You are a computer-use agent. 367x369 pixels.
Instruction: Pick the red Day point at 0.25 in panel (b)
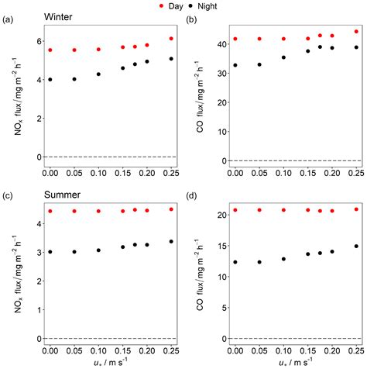pyautogui.click(x=357, y=32)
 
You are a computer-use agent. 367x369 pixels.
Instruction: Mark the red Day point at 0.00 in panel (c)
pyautogui.click(x=50, y=211)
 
